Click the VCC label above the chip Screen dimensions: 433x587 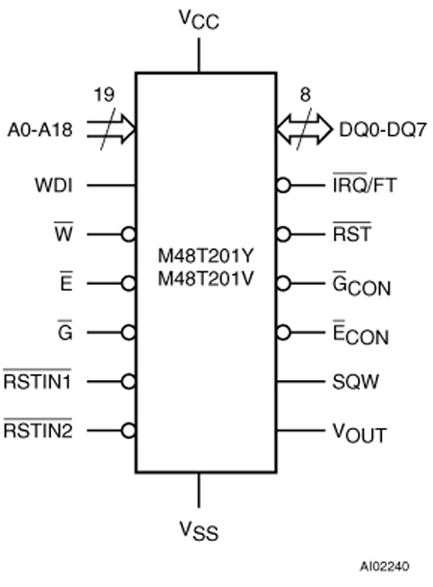click(x=199, y=19)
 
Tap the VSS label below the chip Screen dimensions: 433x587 click(x=199, y=530)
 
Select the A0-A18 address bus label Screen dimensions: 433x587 click(x=39, y=130)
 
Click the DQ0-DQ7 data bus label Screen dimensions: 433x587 click(x=382, y=130)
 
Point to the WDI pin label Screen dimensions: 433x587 click(x=54, y=186)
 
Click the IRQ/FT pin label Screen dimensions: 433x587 click(x=365, y=184)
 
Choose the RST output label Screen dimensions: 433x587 click(x=352, y=233)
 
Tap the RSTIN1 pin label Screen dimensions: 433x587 click(x=38, y=380)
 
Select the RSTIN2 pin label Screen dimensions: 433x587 click(x=38, y=428)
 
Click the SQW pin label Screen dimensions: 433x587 click(x=355, y=382)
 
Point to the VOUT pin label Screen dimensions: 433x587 click(x=360, y=433)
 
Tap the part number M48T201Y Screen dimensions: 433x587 click(x=206, y=256)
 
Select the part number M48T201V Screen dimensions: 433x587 click(x=206, y=278)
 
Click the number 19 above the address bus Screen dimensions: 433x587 click(x=104, y=94)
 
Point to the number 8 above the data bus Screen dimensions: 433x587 click(x=305, y=94)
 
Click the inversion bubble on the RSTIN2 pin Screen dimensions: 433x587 click(x=128, y=430)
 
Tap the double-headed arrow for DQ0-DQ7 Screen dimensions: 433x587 click(x=304, y=129)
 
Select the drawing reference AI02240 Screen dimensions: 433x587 click(x=385, y=566)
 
